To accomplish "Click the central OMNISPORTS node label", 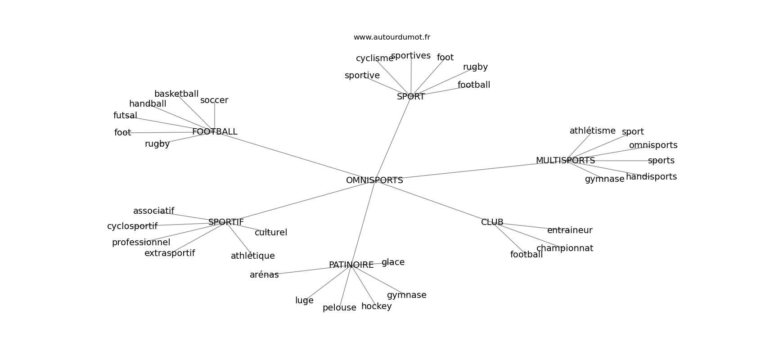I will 374,180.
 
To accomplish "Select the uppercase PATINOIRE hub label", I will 351,265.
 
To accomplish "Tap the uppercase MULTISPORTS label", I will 565,161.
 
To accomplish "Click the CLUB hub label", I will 492,222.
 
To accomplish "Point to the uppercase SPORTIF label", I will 226,222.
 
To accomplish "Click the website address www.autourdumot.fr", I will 391,37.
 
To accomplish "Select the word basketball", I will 176,94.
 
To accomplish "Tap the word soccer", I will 214,100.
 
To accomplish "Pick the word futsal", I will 125,116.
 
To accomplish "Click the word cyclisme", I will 374,58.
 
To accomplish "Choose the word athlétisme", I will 592,131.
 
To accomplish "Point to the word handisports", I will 651,177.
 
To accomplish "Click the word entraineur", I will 570,230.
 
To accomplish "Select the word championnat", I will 564,248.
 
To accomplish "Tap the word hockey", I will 376,306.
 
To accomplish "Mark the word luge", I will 304,301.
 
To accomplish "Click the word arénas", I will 264,275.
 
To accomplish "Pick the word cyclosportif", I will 132,226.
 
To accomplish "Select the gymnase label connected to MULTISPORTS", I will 604,179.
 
